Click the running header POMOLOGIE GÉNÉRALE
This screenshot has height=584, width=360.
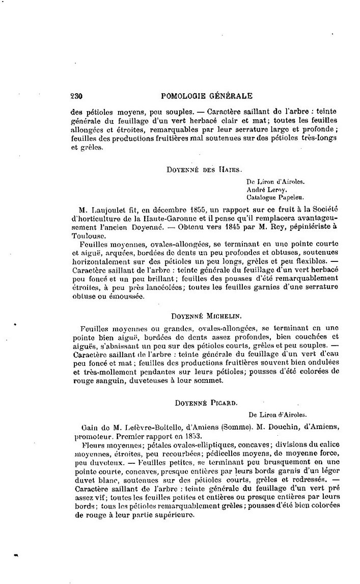click(206, 95)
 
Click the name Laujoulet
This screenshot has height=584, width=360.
click(106, 209)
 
